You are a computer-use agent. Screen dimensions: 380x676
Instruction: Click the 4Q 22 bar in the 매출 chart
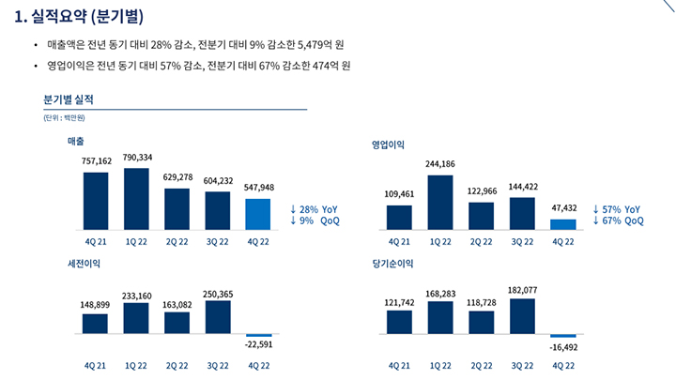[x=257, y=214]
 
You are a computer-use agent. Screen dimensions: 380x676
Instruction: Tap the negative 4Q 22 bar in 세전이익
[x=257, y=335]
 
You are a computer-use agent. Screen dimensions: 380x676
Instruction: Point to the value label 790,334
[x=137, y=157]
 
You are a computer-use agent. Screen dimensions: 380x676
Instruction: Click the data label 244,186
[x=439, y=164]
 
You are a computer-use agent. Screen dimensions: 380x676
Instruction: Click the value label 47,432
[x=561, y=207]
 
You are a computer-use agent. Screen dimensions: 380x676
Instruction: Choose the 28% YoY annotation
[x=314, y=208]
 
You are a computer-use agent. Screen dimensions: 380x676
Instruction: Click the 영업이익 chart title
[x=390, y=145]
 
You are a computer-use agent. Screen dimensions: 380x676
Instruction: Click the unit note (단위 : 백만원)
[x=63, y=117]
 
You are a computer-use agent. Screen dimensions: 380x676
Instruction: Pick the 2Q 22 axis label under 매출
[x=177, y=241]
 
